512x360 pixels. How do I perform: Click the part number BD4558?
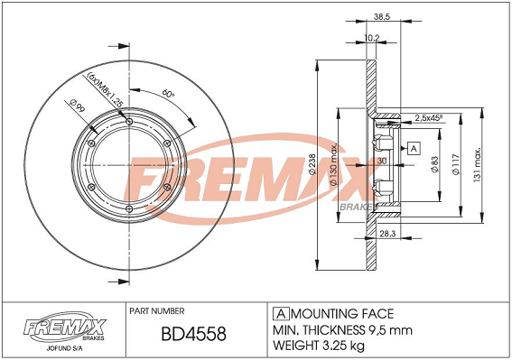click(x=194, y=334)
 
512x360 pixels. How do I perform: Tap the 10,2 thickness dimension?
click(x=372, y=38)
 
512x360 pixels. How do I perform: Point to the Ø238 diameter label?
click(x=312, y=165)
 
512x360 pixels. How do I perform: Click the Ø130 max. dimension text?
click(x=333, y=165)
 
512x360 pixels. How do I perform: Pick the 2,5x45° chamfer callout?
click(x=428, y=118)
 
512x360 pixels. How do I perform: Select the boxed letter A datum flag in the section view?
click(x=414, y=149)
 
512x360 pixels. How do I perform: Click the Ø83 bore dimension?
click(x=434, y=164)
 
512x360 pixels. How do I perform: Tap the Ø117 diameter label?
click(x=456, y=164)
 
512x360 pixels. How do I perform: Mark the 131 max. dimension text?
click(x=477, y=164)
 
